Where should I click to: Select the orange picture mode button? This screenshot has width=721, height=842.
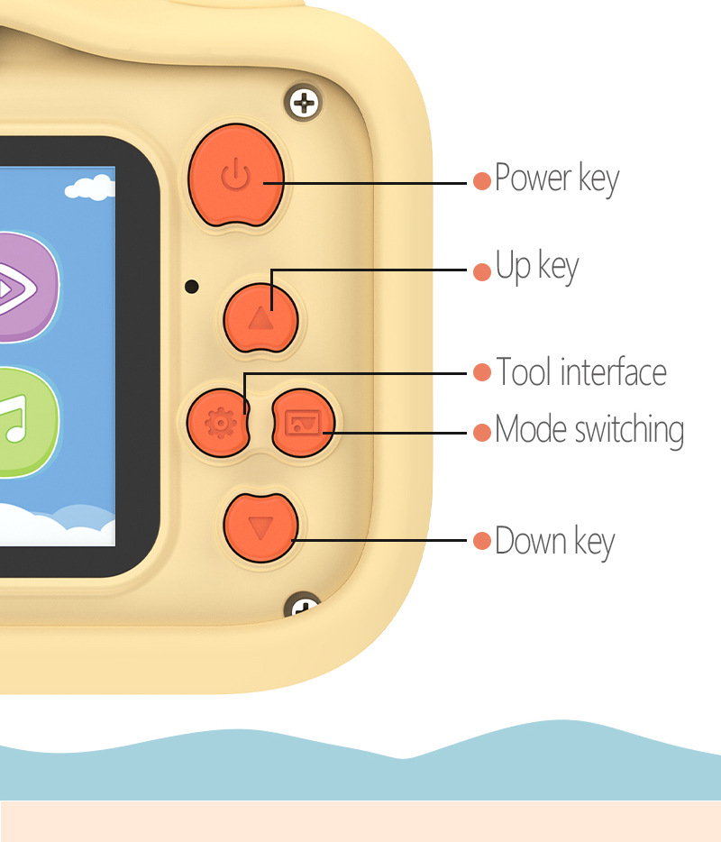[303, 421]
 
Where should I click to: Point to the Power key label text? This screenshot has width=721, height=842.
[557, 178]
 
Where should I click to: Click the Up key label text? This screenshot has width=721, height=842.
[537, 268]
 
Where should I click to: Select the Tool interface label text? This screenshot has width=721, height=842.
[581, 372]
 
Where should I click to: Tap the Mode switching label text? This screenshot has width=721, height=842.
[589, 430]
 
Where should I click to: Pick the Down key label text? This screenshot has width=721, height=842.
[555, 541]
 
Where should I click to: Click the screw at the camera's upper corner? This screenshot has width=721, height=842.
[306, 104]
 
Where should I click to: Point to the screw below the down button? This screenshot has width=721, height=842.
[305, 607]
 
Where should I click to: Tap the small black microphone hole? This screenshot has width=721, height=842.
[191, 287]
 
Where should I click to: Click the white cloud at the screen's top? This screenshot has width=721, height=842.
[91, 188]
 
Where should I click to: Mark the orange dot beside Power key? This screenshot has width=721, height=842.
[482, 180]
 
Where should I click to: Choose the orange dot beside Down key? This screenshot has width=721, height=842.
[482, 541]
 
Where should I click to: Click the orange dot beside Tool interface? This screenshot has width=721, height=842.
[482, 373]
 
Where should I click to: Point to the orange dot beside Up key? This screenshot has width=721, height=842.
[482, 270]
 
